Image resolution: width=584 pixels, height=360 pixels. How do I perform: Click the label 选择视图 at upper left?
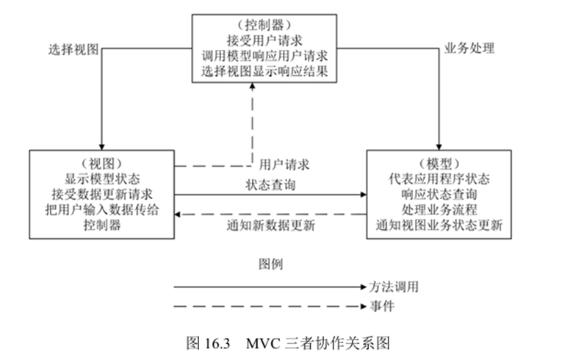pos(73,50)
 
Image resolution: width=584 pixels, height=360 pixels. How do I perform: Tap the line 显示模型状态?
pos(101,179)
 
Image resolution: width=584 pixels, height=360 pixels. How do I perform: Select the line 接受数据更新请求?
pos(101,194)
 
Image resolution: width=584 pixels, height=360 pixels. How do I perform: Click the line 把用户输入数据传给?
pos(101,210)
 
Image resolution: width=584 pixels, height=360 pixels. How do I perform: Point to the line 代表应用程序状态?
pos(439,179)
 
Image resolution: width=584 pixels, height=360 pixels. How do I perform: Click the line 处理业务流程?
pos(439,210)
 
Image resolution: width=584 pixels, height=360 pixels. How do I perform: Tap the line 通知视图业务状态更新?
pos(439,226)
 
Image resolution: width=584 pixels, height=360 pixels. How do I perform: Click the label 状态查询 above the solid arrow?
pos(270,184)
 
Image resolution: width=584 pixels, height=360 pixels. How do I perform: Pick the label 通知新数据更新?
pos(271,226)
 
